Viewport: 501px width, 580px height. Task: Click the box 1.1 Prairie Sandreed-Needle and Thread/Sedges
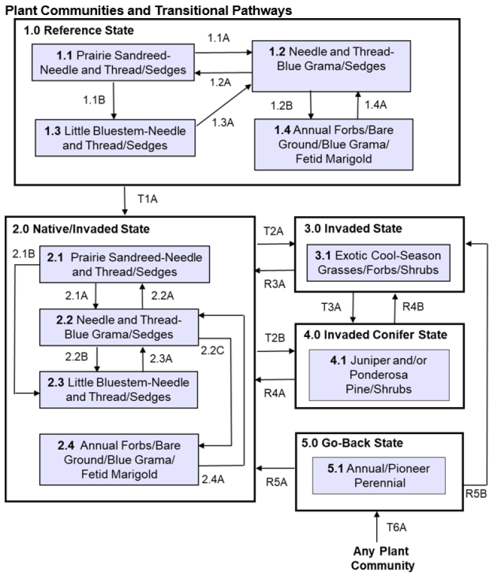click(113, 63)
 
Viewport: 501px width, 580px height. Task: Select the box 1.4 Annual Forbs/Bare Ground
click(334, 143)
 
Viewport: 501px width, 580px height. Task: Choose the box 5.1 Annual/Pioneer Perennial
click(379, 476)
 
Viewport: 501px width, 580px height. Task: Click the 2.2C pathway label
click(213, 350)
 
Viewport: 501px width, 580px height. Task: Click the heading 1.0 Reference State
click(79, 30)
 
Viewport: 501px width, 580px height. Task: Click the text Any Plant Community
click(383, 559)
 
